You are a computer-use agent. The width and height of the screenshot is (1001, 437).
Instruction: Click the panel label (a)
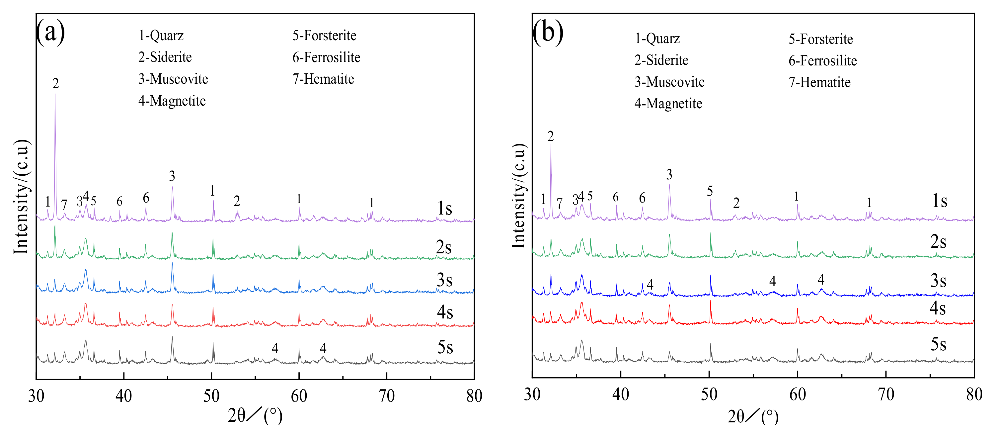pos(50,32)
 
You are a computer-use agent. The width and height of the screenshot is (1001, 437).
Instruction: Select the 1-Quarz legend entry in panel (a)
pos(161,36)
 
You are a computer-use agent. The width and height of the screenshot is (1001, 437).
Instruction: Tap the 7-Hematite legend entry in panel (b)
pos(819,82)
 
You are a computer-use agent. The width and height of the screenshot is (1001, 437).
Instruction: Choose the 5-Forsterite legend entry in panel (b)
pos(821,39)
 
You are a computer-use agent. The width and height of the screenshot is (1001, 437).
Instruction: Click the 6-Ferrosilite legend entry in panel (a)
pos(326,57)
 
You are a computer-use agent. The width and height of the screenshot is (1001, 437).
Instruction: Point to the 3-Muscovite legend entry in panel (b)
pos(669,82)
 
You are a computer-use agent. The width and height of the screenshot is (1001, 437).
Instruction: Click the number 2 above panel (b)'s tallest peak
pos(550,136)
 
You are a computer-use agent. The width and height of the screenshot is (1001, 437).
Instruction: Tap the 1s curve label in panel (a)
pos(444,209)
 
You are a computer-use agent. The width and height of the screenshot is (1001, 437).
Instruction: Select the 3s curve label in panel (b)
pos(938,281)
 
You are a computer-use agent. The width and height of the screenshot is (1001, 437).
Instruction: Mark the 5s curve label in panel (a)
pos(445,347)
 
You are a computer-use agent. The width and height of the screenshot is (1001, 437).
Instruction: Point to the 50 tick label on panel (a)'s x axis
pos(211,396)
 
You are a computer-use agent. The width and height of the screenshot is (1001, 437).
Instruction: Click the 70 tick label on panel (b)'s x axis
pos(886,394)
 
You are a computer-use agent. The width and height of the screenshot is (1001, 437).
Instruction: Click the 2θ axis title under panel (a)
pos(255,416)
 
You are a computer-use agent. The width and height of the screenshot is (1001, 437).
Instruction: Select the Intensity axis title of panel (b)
pos(519,196)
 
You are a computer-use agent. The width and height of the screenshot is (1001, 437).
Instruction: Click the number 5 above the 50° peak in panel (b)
pos(710,191)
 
